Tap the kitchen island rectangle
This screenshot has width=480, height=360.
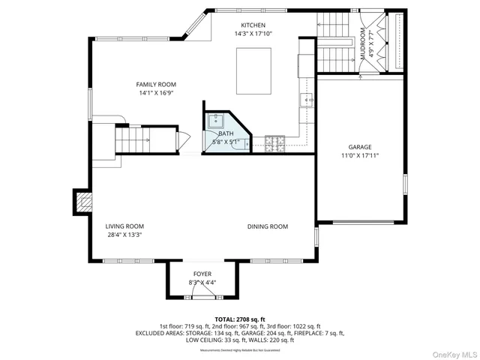coord(254,70)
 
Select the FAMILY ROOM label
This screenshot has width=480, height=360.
coord(156,85)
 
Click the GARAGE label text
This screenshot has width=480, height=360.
coord(359,147)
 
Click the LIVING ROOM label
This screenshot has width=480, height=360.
coord(124,226)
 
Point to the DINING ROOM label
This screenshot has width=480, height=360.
coord(268,226)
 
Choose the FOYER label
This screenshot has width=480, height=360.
coord(202,274)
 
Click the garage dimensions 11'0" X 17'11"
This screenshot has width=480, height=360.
coord(359,156)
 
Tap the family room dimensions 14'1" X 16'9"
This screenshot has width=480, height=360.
coord(156,94)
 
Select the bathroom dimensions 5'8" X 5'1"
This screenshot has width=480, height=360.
coord(226,142)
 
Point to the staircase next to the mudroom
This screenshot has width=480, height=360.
coord(334,45)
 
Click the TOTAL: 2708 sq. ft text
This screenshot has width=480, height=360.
coord(240,319)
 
